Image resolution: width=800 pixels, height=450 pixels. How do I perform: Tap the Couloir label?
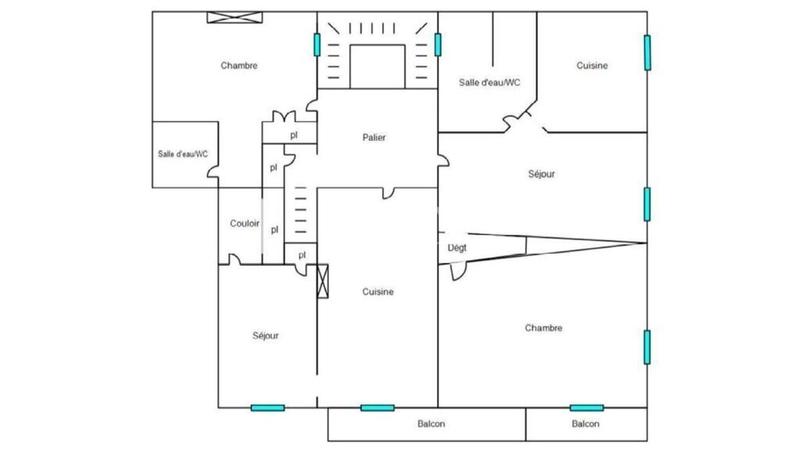click(x=245, y=223)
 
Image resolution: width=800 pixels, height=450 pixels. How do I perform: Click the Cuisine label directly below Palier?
click(x=378, y=292)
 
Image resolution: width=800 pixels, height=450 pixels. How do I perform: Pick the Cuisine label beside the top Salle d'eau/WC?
click(x=592, y=65)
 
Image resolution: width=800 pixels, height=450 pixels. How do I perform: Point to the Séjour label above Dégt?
click(x=541, y=174)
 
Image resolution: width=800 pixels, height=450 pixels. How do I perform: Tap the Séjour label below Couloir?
click(x=266, y=335)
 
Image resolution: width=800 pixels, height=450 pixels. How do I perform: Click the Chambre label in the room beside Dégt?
click(x=543, y=327)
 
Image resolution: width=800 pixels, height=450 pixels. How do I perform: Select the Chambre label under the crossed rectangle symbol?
click(x=240, y=65)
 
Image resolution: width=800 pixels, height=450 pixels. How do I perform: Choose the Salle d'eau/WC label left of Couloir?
click(x=183, y=153)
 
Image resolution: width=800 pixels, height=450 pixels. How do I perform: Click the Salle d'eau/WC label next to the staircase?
click(x=489, y=82)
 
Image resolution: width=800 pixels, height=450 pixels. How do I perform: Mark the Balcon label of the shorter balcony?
click(x=586, y=424)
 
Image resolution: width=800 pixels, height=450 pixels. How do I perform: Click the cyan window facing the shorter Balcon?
click(x=586, y=407)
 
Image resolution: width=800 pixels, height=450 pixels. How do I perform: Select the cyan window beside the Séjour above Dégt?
click(x=648, y=203)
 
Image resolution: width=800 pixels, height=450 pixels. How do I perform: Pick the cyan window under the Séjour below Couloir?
click(x=267, y=407)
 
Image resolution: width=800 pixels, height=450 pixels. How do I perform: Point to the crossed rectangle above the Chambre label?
click(x=235, y=16)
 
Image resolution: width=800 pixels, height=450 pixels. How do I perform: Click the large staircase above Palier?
click(x=376, y=52)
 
